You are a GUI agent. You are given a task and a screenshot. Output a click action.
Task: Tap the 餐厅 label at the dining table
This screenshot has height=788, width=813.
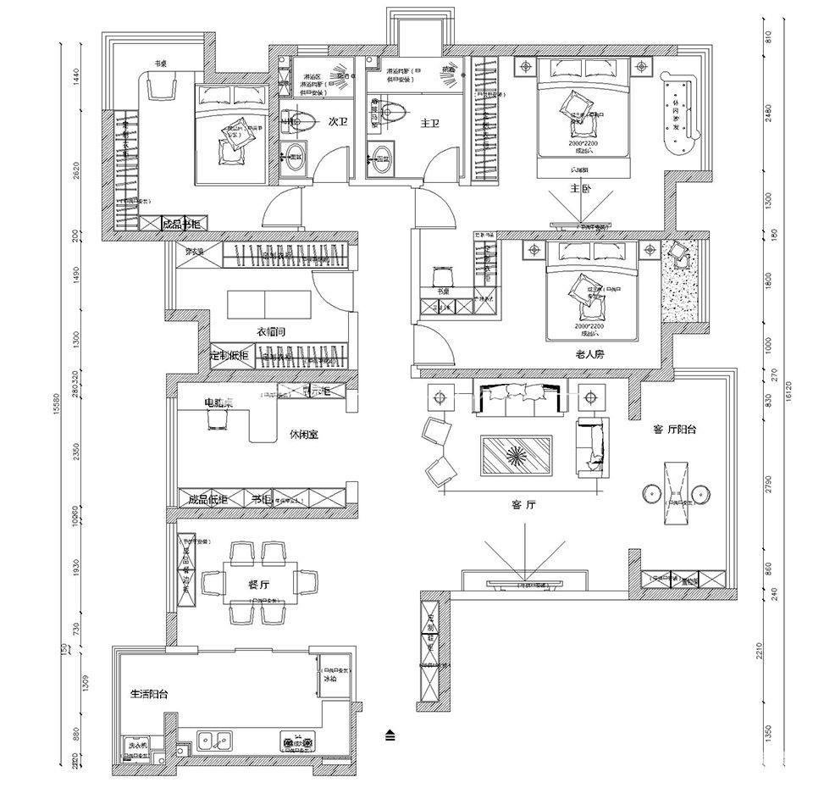[259, 584]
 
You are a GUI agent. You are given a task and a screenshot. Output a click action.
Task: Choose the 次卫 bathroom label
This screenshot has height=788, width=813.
[337, 122]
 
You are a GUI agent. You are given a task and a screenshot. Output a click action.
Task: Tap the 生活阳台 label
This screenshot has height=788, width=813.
[149, 694]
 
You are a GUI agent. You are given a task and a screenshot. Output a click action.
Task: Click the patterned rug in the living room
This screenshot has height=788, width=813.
[517, 454]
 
